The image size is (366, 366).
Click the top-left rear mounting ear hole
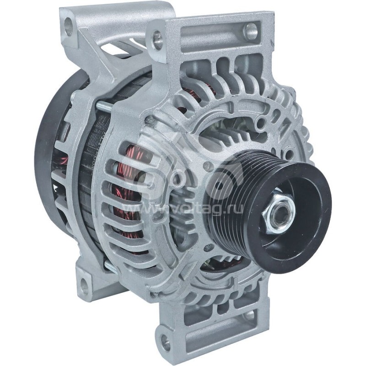pos(69,27)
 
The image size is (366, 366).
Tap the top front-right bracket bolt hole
pos(250,31)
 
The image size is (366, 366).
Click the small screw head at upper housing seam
pos(148,120)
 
